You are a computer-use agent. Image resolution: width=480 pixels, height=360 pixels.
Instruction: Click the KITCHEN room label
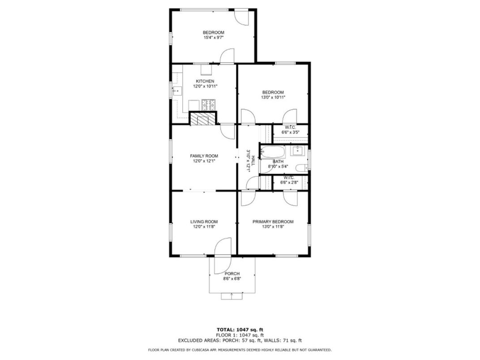[x=201, y=81]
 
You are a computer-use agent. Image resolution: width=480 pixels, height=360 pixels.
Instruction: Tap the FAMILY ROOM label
[x=204, y=156]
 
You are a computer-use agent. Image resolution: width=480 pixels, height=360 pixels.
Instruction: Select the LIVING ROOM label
[x=204, y=222]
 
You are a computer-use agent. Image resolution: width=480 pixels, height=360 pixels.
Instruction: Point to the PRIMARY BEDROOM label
[x=273, y=222]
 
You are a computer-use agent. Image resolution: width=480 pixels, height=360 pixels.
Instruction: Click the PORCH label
[x=232, y=274]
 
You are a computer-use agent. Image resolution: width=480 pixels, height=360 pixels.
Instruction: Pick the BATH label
[x=278, y=162]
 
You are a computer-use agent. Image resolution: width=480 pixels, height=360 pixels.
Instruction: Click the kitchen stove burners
[x=208, y=105]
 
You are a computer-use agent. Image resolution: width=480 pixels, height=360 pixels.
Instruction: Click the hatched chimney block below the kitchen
[x=203, y=119]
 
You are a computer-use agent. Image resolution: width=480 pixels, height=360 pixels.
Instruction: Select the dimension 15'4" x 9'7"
[x=213, y=38]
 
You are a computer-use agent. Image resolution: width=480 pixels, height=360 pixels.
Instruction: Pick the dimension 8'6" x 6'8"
[x=232, y=279]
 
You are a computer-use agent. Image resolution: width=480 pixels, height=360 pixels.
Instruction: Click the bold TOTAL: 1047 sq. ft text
[x=240, y=329]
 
